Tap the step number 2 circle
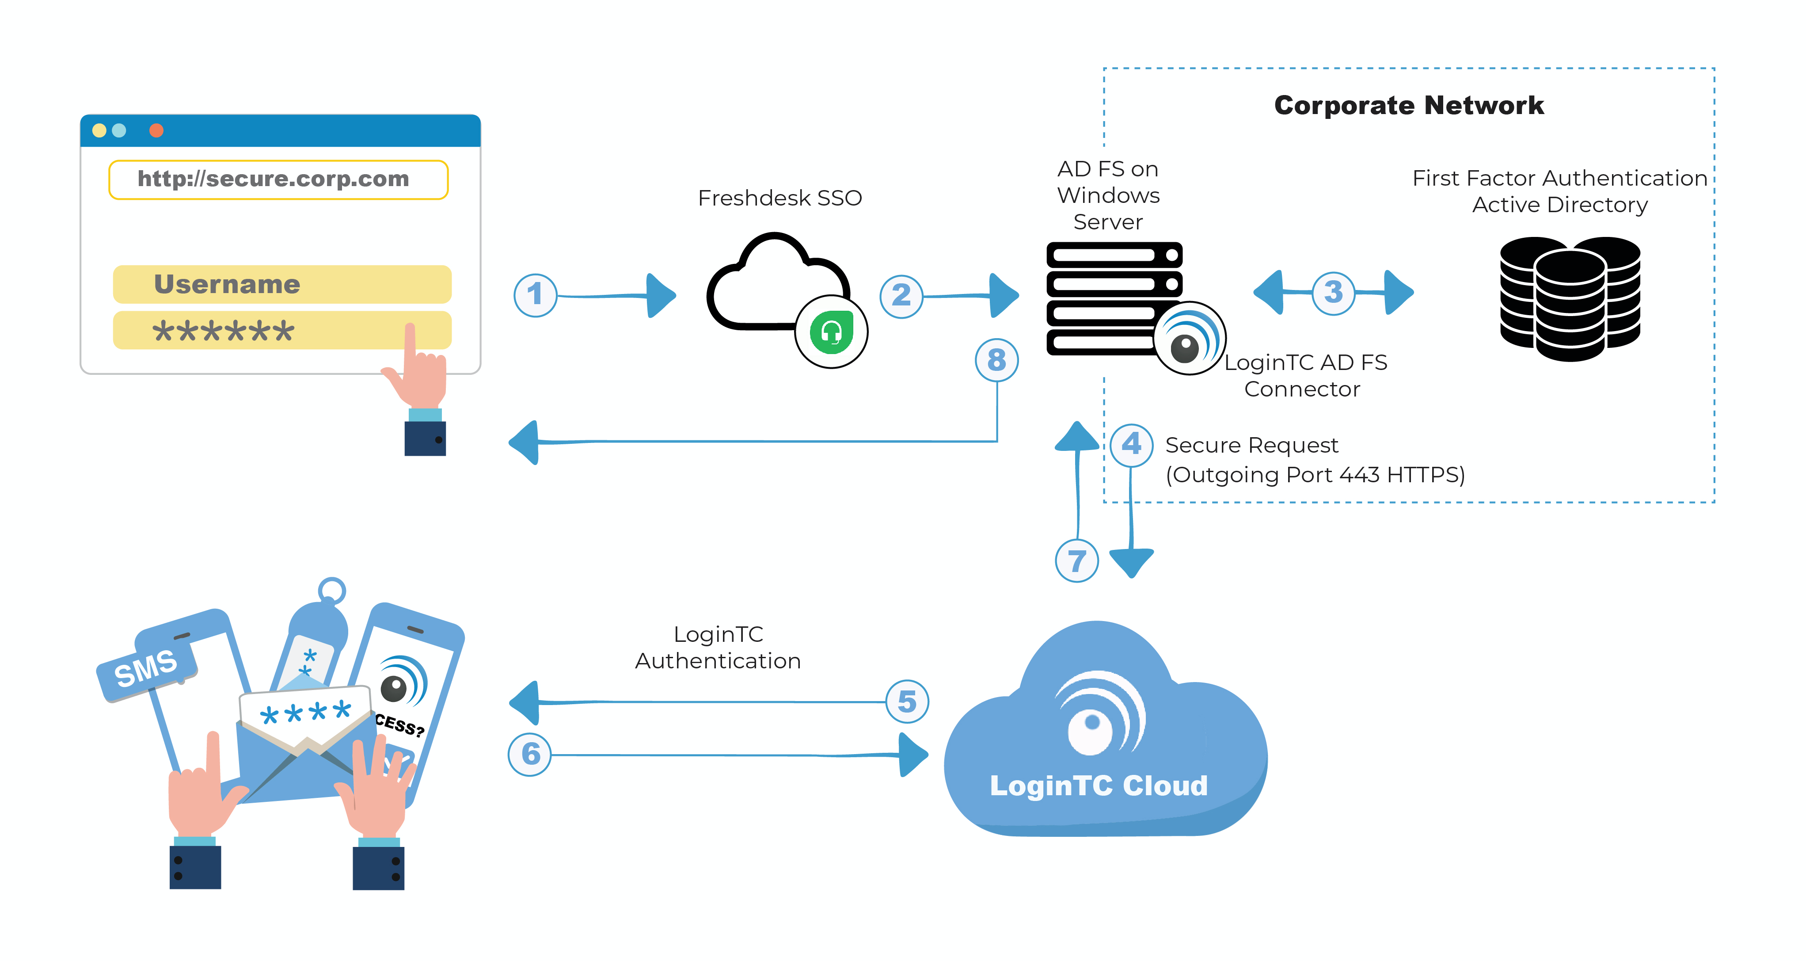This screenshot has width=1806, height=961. (x=901, y=297)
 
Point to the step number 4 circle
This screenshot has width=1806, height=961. (x=1132, y=445)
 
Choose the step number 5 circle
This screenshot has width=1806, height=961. (x=907, y=702)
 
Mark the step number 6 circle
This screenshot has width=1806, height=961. (x=530, y=755)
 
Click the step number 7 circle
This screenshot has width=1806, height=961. (x=1077, y=561)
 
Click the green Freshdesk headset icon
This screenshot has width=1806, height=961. (x=832, y=332)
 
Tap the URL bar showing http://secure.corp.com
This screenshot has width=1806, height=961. (x=278, y=179)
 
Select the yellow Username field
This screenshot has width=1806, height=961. (x=282, y=284)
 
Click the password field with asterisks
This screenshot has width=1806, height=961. (x=282, y=330)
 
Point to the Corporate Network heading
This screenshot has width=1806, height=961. (x=1409, y=105)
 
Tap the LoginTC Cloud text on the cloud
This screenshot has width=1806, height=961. (x=1099, y=786)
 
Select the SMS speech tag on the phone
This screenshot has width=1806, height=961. (x=147, y=668)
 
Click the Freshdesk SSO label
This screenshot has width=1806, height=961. (x=779, y=198)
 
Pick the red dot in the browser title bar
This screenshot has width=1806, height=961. (x=156, y=130)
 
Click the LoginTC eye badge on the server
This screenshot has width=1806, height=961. (x=1190, y=338)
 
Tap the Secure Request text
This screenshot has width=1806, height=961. (x=1251, y=446)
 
